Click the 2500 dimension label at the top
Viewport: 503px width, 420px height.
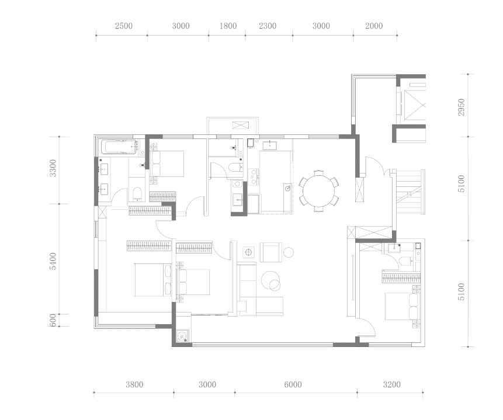[x=124, y=26]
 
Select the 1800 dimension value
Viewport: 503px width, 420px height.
[x=228, y=26]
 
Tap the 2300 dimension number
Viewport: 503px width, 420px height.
[x=268, y=26]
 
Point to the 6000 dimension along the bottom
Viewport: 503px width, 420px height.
[x=293, y=384]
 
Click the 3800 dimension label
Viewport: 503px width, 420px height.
[x=134, y=384]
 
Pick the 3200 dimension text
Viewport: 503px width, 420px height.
[x=391, y=384]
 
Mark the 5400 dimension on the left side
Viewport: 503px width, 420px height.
[x=53, y=262]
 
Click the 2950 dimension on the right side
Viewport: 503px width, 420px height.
[x=462, y=107]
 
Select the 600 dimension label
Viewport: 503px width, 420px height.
[x=53, y=320]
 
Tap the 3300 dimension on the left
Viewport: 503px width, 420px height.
[x=53, y=168]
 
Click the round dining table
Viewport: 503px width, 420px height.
[x=318, y=191]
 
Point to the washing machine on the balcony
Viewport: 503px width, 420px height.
[x=182, y=336]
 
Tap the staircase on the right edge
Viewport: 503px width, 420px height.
[x=410, y=191]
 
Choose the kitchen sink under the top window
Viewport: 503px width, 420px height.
[x=270, y=145]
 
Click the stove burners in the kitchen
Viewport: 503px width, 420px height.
[x=254, y=176]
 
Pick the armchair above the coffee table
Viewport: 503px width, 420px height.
[x=271, y=252]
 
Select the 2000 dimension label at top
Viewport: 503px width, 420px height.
[x=374, y=26]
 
